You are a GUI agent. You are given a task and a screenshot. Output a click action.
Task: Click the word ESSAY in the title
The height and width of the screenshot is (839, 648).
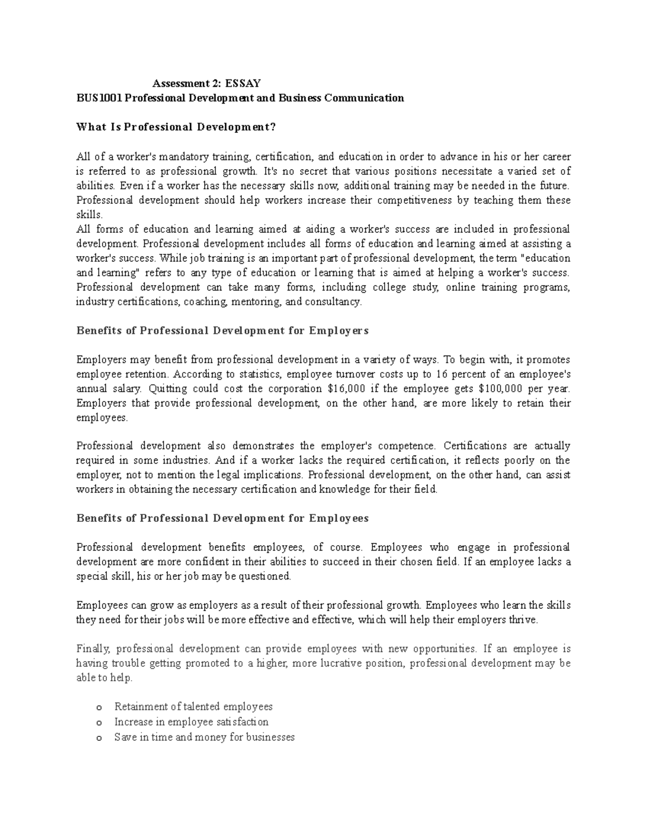[x=243, y=83]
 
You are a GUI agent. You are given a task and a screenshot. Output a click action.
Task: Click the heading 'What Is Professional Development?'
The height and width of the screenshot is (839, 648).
[x=177, y=127]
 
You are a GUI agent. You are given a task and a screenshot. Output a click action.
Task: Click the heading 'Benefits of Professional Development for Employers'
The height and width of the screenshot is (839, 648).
[x=222, y=331]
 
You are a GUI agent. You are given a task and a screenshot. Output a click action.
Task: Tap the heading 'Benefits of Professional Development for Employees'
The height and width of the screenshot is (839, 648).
[x=222, y=518]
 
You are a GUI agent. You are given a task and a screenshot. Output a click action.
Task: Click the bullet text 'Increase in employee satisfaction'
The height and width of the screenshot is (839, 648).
[x=191, y=722]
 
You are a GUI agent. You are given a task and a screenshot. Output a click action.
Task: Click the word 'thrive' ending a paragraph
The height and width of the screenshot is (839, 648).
[x=524, y=620]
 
